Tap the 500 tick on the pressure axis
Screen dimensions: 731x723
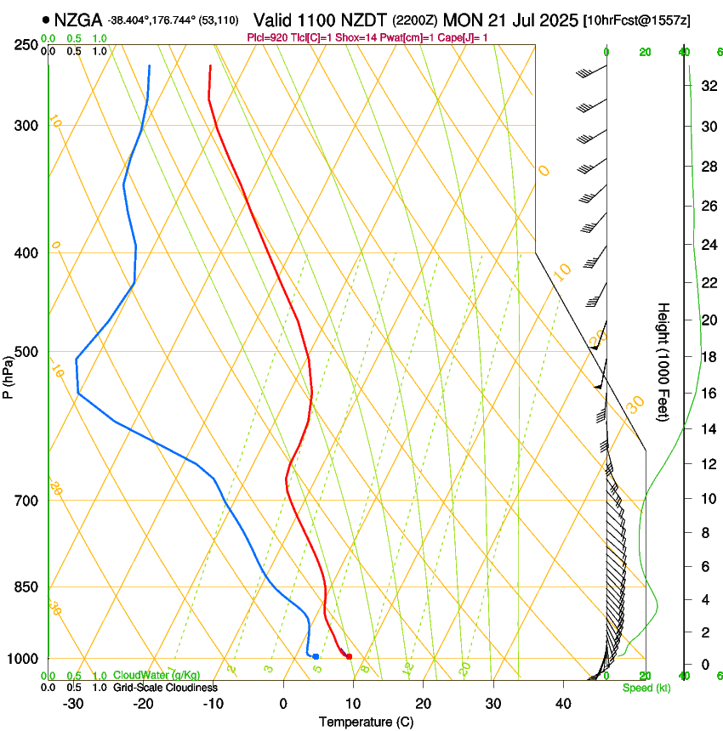click(25, 352)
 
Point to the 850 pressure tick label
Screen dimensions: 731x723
click(25, 586)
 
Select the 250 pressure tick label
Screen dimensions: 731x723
click(25, 44)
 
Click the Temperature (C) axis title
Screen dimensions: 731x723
click(366, 722)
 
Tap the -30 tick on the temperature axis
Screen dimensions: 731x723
click(73, 704)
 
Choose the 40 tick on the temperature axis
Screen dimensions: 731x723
click(562, 704)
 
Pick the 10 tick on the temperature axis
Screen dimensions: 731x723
click(353, 704)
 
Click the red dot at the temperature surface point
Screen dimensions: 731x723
click(349, 656)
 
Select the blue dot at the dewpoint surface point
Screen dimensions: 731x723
click(316, 656)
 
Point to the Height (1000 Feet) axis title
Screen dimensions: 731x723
click(664, 362)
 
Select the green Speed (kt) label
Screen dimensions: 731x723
click(641, 688)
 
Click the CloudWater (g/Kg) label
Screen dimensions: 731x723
click(157, 675)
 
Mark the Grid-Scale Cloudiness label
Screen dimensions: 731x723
click(165, 688)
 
